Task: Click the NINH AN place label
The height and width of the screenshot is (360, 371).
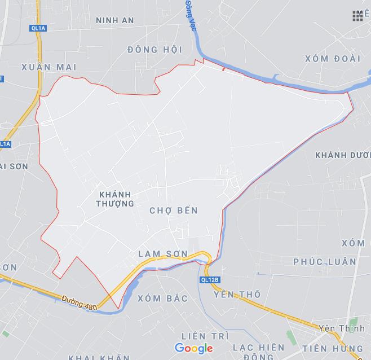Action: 115,20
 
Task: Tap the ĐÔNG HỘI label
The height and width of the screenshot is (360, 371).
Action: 154,49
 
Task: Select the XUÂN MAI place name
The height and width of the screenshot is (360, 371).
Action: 49,67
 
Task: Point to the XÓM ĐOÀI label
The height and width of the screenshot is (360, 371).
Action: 332,58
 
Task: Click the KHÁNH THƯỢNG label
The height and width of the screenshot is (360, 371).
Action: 115,198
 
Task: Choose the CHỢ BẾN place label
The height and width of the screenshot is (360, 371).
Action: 174,210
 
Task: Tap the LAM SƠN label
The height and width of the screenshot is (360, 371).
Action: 163,254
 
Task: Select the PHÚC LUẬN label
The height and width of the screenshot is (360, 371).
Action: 325,261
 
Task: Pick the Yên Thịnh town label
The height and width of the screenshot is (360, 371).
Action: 338,328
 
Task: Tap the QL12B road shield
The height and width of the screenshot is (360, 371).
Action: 209,279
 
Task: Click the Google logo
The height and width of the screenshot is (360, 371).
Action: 194,348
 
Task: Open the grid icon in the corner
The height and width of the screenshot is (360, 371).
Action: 358,16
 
